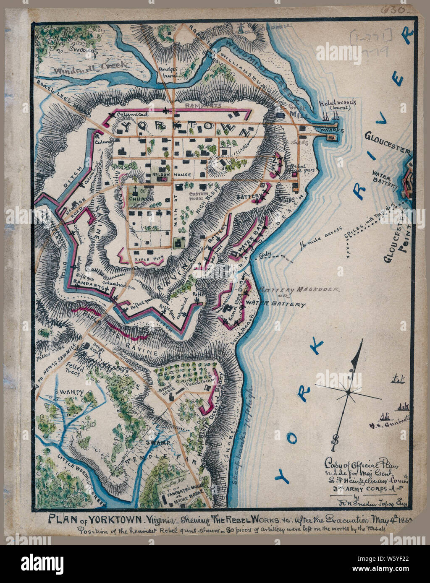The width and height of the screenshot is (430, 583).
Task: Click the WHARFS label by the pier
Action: (x=331, y=130)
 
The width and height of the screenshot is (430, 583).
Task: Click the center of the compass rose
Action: (x=348, y=392)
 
